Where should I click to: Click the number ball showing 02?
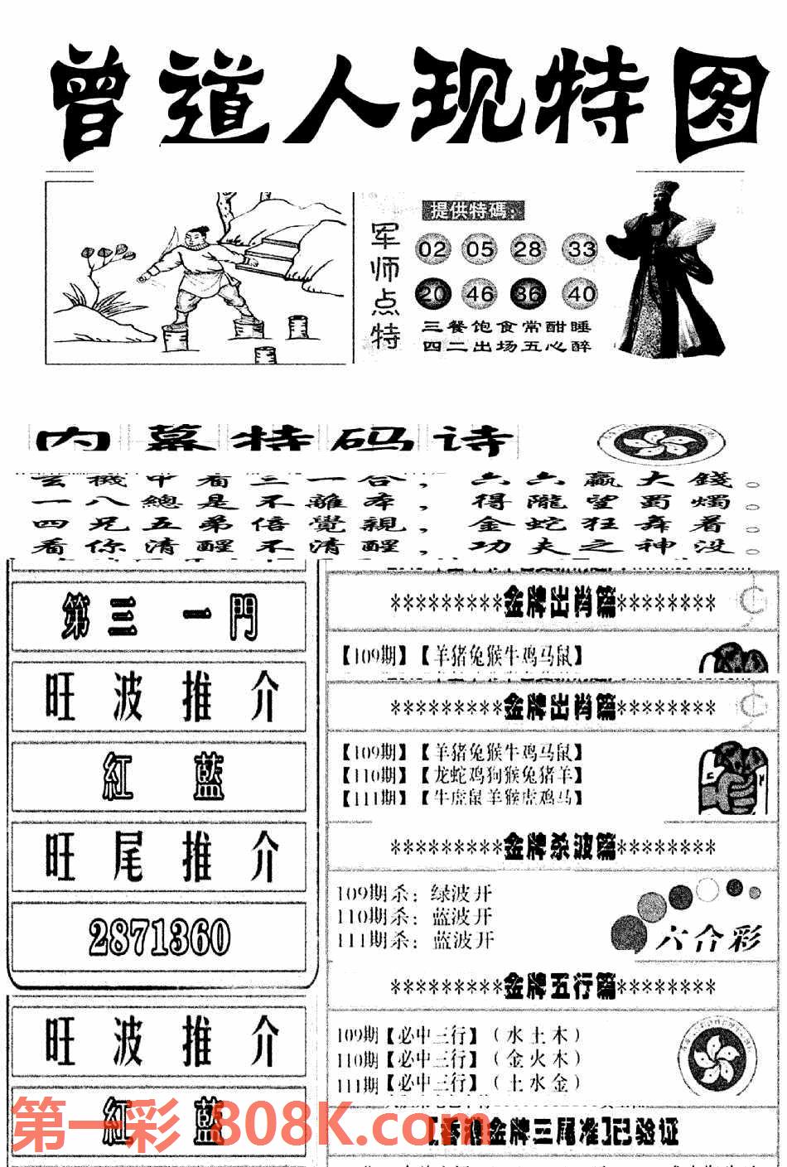(432, 248)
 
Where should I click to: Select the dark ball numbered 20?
(432, 293)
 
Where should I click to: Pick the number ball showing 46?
(480, 293)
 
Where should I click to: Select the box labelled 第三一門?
(158, 617)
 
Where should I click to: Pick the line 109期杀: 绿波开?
(415, 894)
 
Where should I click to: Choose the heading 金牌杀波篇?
(553, 847)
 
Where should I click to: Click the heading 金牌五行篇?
(553, 986)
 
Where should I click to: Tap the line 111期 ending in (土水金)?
(460, 1083)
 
